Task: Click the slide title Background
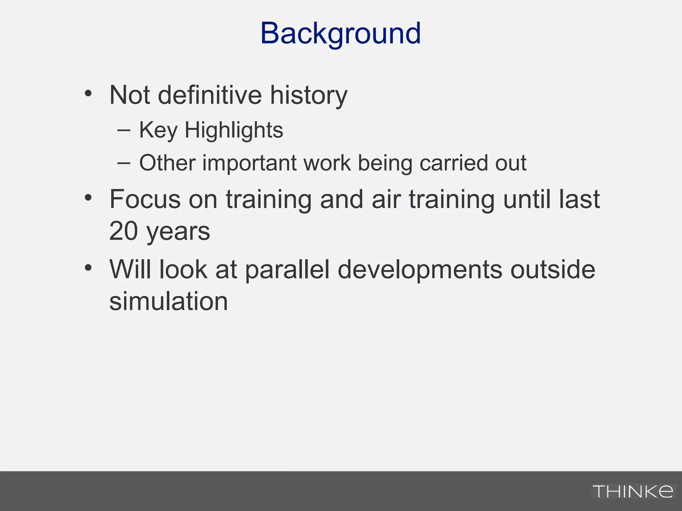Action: click(x=340, y=33)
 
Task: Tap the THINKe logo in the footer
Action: click(x=633, y=491)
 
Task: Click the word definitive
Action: click(x=209, y=95)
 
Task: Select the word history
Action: click(x=308, y=96)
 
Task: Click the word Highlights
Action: click(x=234, y=130)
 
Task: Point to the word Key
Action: click(x=158, y=130)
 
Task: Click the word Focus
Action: click(x=145, y=199)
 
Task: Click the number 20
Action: click(x=123, y=231)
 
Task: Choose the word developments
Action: click(x=420, y=270)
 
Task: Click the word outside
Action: click(x=553, y=269)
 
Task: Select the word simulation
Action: click(x=169, y=301)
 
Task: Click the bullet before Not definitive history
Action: click(x=88, y=93)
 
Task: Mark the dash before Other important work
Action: click(x=124, y=163)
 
